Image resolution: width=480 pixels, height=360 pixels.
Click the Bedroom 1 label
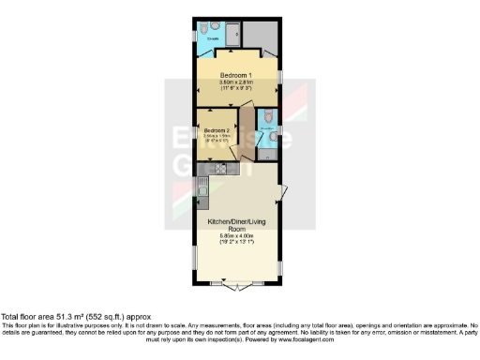point(237,73)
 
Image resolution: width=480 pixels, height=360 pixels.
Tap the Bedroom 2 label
point(217,130)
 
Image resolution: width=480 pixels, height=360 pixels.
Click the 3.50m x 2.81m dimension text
point(237,82)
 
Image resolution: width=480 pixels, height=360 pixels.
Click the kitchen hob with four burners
point(222,169)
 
